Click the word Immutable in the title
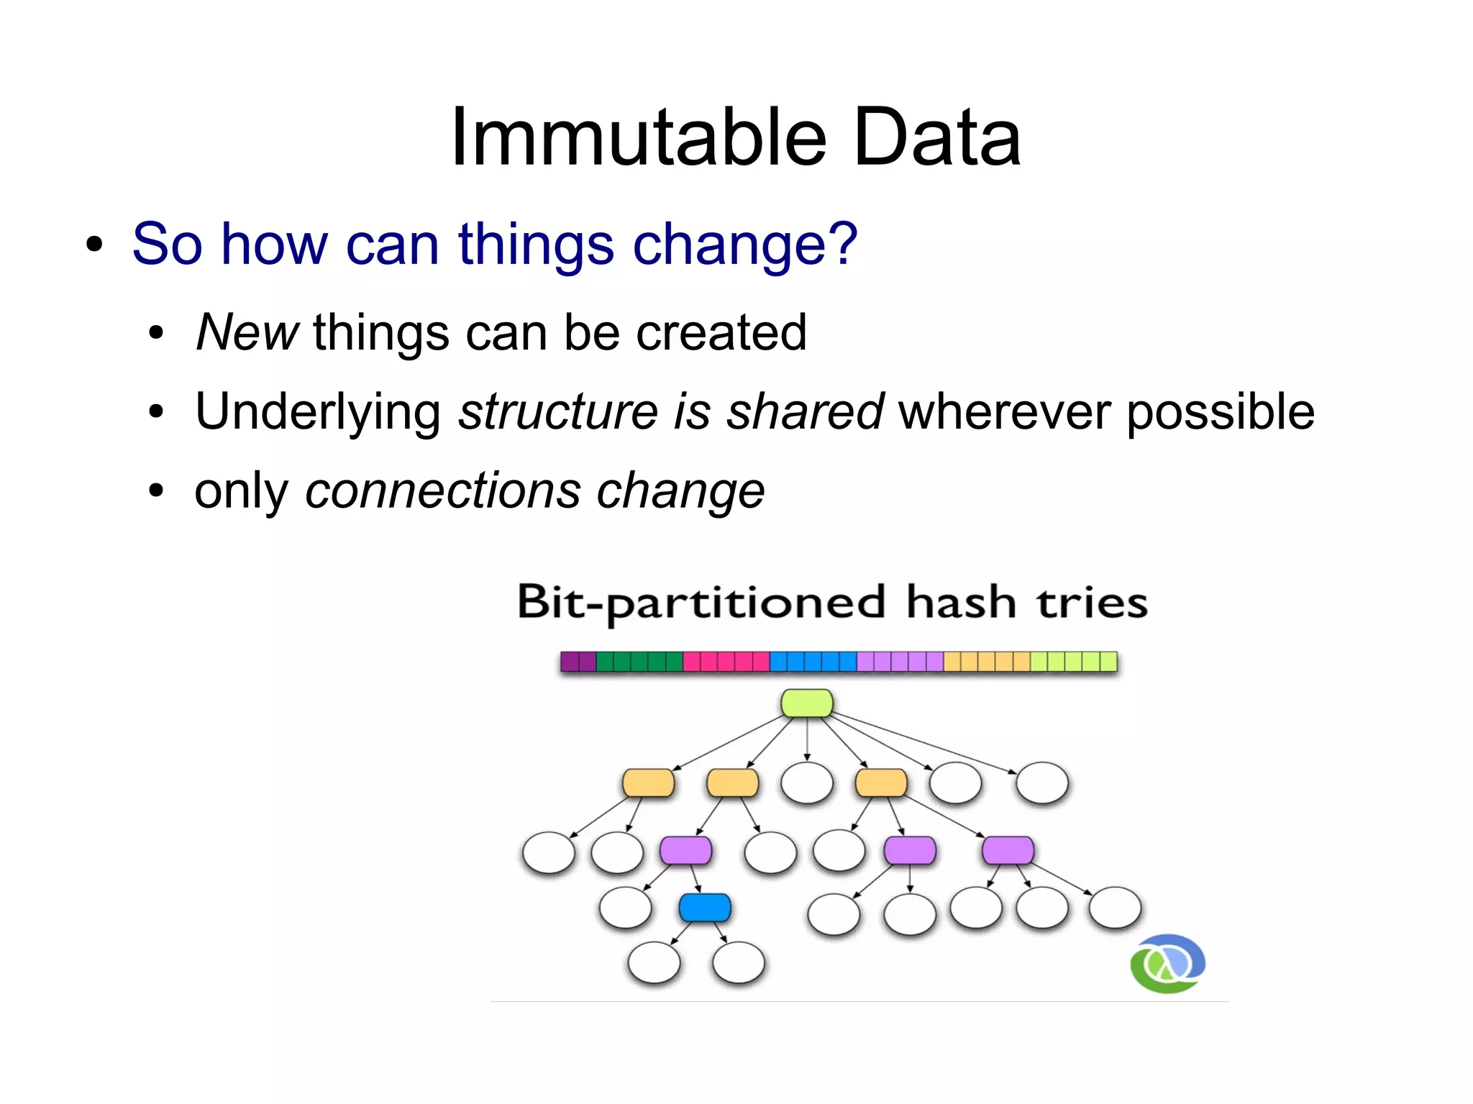pos(639,138)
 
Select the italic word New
pos(247,332)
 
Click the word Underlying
pos(318,411)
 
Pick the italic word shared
pos(805,411)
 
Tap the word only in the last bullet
pos(241,492)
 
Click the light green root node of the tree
pos(807,703)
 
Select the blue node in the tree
pos(705,908)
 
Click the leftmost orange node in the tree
pos(648,783)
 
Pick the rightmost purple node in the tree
pos(1008,850)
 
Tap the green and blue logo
pos(1167,964)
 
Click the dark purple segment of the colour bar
pos(578,662)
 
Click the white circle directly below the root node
pos(807,783)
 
